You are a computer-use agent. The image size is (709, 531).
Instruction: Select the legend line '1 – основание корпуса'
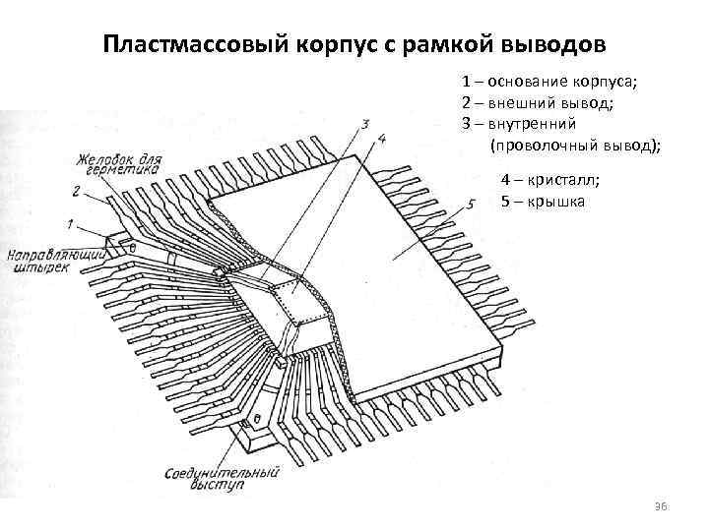tap(556, 82)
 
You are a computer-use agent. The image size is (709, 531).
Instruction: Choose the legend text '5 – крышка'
tap(542, 202)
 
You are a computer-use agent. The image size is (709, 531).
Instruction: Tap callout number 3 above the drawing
tap(365, 124)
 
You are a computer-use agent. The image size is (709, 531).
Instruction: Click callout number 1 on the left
tap(72, 219)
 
